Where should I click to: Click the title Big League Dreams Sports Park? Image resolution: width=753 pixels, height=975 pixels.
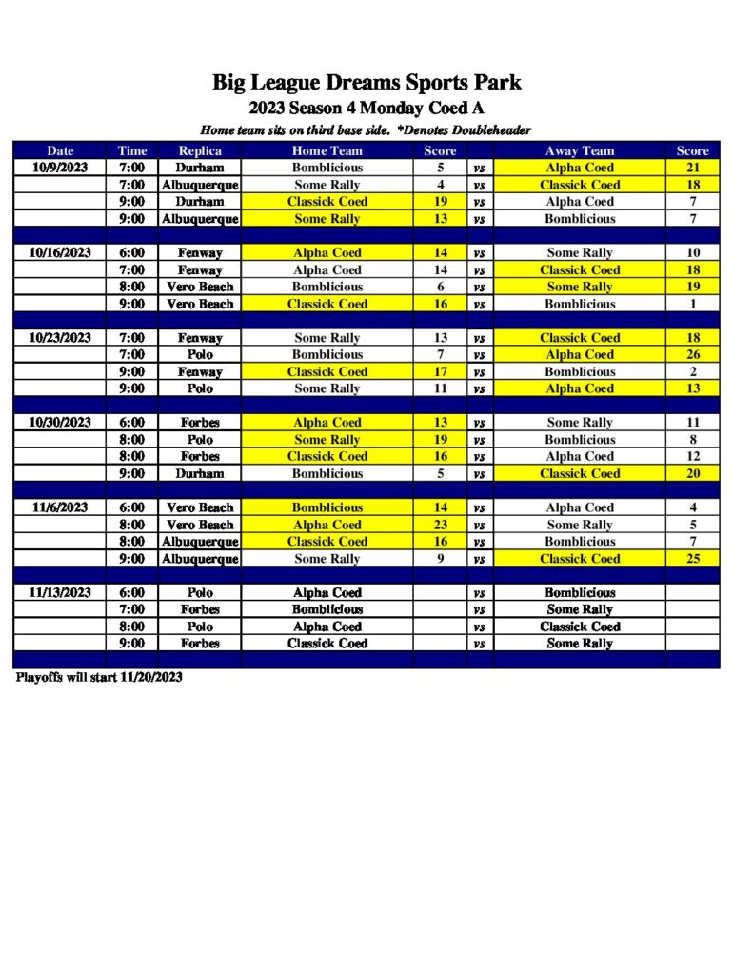(367, 83)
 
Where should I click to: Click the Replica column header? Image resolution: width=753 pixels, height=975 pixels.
(200, 150)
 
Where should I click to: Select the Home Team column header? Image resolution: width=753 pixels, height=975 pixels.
(327, 150)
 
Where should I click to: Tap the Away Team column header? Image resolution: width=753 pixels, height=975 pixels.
(579, 150)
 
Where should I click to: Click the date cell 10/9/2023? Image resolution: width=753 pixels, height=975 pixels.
(60, 168)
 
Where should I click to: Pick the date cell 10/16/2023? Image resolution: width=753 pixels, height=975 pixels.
(60, 252)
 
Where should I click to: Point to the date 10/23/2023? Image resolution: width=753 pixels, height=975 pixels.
(60, 338)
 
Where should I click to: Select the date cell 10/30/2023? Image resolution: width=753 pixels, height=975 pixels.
(60, 423)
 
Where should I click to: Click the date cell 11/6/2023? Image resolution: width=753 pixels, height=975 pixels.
(60, 507)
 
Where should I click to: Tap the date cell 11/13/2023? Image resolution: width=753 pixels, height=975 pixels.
(60, 592)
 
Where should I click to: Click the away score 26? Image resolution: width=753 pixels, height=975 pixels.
(692, 355)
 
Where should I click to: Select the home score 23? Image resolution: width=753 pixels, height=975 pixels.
(441, 525)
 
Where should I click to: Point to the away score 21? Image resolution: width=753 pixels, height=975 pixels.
(692, 168)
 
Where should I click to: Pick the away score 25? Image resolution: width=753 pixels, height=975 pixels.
(692, 559)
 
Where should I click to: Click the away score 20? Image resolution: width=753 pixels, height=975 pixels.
(692, 473)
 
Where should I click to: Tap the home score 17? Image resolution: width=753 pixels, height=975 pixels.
(441, 371)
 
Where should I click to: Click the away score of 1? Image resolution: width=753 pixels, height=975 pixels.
(692, 304)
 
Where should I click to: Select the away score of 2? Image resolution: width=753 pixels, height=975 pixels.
(692, 371)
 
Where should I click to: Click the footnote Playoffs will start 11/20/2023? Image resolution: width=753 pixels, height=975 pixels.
(99, 678)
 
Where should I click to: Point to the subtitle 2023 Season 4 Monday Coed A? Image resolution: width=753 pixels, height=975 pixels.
(367, 109)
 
